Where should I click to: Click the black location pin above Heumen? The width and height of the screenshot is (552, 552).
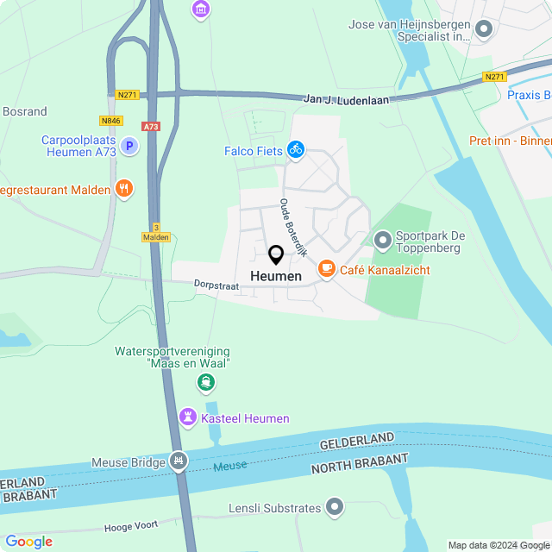coord(276,255)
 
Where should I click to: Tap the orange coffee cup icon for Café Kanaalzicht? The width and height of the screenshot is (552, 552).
coord(326,269)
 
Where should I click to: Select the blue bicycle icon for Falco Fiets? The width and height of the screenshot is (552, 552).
coord(296,149)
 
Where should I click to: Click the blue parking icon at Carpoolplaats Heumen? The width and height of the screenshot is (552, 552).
coord(129,147)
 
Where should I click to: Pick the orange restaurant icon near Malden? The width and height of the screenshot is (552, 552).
coord(124,189)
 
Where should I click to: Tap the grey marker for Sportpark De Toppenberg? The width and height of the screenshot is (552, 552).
coord(382,238)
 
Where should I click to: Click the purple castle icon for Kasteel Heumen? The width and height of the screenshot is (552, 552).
coord(186,417)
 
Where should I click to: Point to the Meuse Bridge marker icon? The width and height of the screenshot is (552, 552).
coord(179,461)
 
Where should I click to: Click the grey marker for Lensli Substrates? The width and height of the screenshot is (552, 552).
coord(335,507)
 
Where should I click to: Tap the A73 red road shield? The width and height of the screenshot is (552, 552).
coord(152,126)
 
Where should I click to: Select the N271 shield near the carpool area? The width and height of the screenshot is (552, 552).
coord(127,94)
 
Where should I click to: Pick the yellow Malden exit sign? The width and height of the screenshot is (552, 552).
coord(156,236)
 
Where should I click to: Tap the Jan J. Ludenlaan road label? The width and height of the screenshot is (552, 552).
coord(346,99)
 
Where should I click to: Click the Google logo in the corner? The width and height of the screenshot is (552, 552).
coord(28,542)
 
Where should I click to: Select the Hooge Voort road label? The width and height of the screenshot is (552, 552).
coord(130,526)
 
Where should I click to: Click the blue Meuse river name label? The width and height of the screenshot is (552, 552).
coord(230,466)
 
